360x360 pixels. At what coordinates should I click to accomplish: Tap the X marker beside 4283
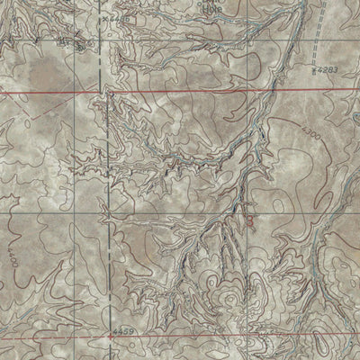click(312, 68)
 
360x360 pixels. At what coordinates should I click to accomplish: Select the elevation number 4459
click(125, 330)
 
